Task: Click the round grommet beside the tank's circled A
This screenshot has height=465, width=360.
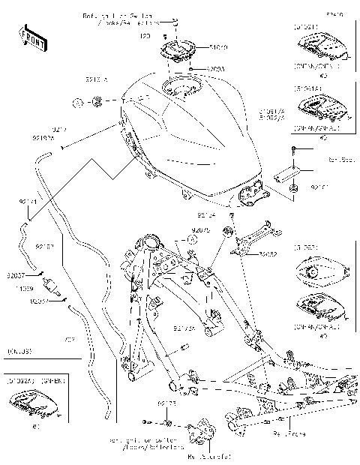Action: tap(96, 100)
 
